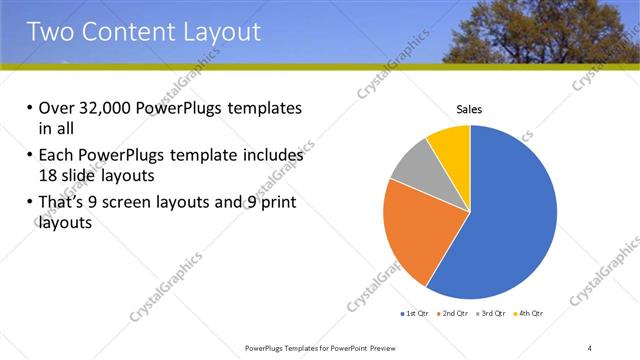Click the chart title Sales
(470, 109)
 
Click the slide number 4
(590, 347)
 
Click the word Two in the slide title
(53, 32)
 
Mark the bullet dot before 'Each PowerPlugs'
(29, 157)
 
